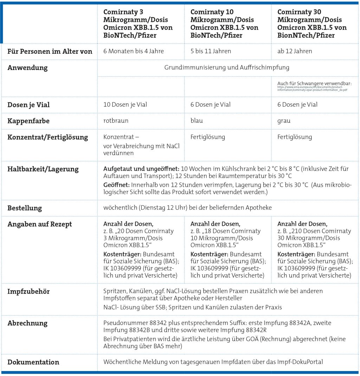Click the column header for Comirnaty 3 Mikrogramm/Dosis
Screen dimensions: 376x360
point(138,24)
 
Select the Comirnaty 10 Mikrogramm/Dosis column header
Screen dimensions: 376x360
point(224,24)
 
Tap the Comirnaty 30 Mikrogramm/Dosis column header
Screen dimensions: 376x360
point(312,24)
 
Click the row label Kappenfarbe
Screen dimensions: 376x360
point(28,121)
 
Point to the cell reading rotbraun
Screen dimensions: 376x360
point(116,121)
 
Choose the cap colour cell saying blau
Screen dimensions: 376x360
point(197,121)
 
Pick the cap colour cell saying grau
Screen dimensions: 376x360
point(284,121)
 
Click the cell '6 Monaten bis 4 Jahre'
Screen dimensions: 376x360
point(133,51)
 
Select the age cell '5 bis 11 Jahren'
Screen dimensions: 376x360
point(211,51)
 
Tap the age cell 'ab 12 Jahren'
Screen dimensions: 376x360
point(295,51)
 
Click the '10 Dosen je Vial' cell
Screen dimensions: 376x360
point(125,104)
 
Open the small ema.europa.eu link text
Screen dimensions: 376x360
point(312,88)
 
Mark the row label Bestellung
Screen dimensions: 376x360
point(25,208)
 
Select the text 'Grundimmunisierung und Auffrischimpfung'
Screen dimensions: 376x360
point(227,68)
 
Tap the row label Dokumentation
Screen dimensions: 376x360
point(33,362)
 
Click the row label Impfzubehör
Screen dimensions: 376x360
point(28,292)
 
